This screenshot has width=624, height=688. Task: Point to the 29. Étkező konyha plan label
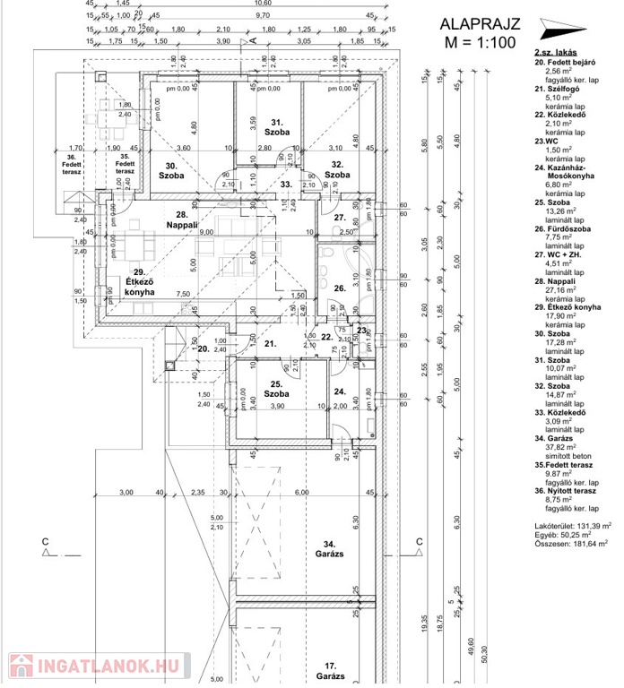pyautogui.click(x=139, y=281)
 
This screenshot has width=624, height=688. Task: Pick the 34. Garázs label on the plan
pyautogui.click(x=328, y=548)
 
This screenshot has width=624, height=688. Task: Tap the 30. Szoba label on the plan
pyautogui.click(x=171, y=170)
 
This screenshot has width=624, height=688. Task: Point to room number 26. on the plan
pyautogui.click(x=339, y=288)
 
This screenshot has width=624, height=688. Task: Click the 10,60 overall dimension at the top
pyautogui.click(x=263, y=4)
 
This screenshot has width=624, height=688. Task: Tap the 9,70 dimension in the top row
pyautogui.click(x=263, y=16)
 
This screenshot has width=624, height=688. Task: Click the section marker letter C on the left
pyautogui.click(x=44, y=542)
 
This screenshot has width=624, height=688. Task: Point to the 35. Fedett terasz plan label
pyautogui.click(x=125, y=163)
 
